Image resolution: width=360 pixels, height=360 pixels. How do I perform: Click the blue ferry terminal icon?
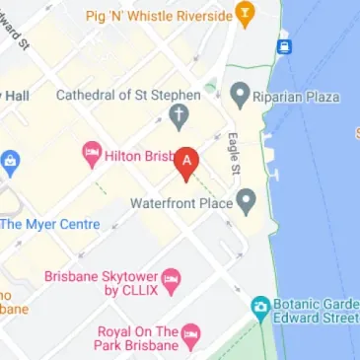284,45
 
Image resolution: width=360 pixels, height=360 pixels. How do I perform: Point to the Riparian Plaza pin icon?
240,96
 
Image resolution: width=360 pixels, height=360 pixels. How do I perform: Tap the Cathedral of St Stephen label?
128,95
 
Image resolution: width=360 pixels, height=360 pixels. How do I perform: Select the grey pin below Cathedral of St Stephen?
178,117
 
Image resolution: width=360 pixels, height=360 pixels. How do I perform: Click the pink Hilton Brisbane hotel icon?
94,153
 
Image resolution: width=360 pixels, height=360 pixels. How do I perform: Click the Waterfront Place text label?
181,203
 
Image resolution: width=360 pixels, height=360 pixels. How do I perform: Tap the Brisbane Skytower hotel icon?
172,280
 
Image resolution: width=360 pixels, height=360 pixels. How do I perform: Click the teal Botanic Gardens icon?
259,308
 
